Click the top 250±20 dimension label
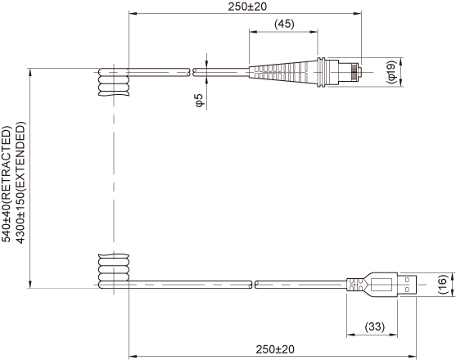point(247,7)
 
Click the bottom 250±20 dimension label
point(275,349)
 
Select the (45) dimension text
point(284,24)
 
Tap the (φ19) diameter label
point(391,72)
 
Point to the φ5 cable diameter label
point(200,101)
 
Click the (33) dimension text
point(375,326)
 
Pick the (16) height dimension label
point(442,285)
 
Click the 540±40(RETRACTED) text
point(7,183)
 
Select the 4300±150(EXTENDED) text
point(20,183)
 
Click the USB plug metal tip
point(407,285)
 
